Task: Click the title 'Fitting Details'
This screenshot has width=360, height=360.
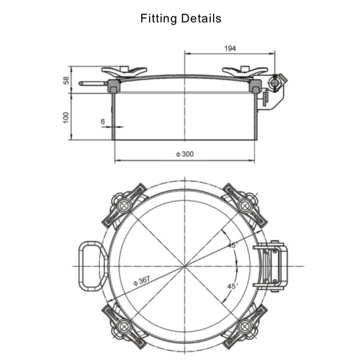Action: click(180, 17)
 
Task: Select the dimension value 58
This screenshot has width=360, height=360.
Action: click(66, 80)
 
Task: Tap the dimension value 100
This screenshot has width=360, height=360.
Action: click(66, 117)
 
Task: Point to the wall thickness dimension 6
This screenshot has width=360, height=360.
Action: click(104, 122)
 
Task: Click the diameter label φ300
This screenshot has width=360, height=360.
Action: click(186, 155)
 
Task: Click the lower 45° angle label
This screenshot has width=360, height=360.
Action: click(232, 286)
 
